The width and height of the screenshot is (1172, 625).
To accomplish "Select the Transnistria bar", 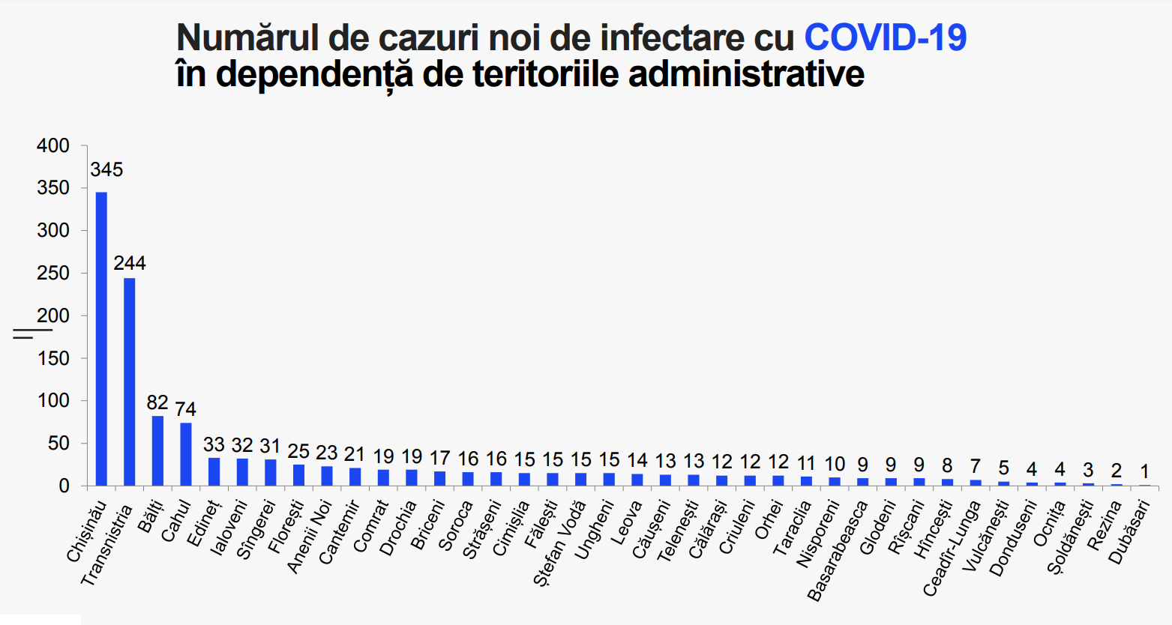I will coord(130,381).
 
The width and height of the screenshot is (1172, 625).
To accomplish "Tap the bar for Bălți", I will coord(157,450).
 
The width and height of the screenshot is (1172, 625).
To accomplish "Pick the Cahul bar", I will coord(186,454).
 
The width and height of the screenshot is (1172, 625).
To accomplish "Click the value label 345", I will coord(106,170).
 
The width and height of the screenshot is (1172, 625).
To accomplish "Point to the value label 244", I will coord(130,263).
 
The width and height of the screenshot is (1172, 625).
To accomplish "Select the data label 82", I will coord(157,402).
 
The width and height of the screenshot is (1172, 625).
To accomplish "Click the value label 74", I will coord(186,409).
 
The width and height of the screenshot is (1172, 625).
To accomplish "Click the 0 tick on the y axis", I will coord(64,486).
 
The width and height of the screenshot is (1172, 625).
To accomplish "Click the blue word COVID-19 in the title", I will coord(886,37).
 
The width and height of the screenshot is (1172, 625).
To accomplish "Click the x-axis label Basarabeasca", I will coord(838,551).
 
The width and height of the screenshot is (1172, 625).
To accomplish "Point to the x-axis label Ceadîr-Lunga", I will coord(951,549).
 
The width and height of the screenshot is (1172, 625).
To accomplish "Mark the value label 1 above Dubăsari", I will coord(1144,471).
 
